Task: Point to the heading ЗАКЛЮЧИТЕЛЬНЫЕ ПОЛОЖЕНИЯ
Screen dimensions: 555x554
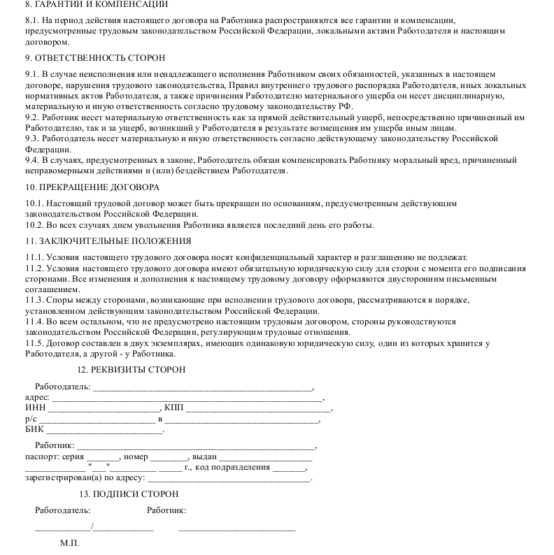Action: (x=108, y=241)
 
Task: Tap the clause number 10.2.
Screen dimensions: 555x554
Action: (x=34, y=225)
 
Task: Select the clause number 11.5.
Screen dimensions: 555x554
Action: (x=34, y=343)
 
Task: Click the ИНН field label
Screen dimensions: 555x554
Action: (x=34, y=408)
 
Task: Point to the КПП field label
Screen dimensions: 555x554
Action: (x=173, y=408)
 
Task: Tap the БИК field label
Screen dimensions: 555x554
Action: (x=34, y=430)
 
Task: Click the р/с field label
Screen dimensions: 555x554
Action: (x=31, y=419)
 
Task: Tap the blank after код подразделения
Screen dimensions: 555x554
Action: (x=290, y=469)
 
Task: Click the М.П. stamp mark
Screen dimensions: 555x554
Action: (x=70, y=543)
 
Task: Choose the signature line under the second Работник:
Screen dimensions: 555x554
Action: (x=236, y=529)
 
